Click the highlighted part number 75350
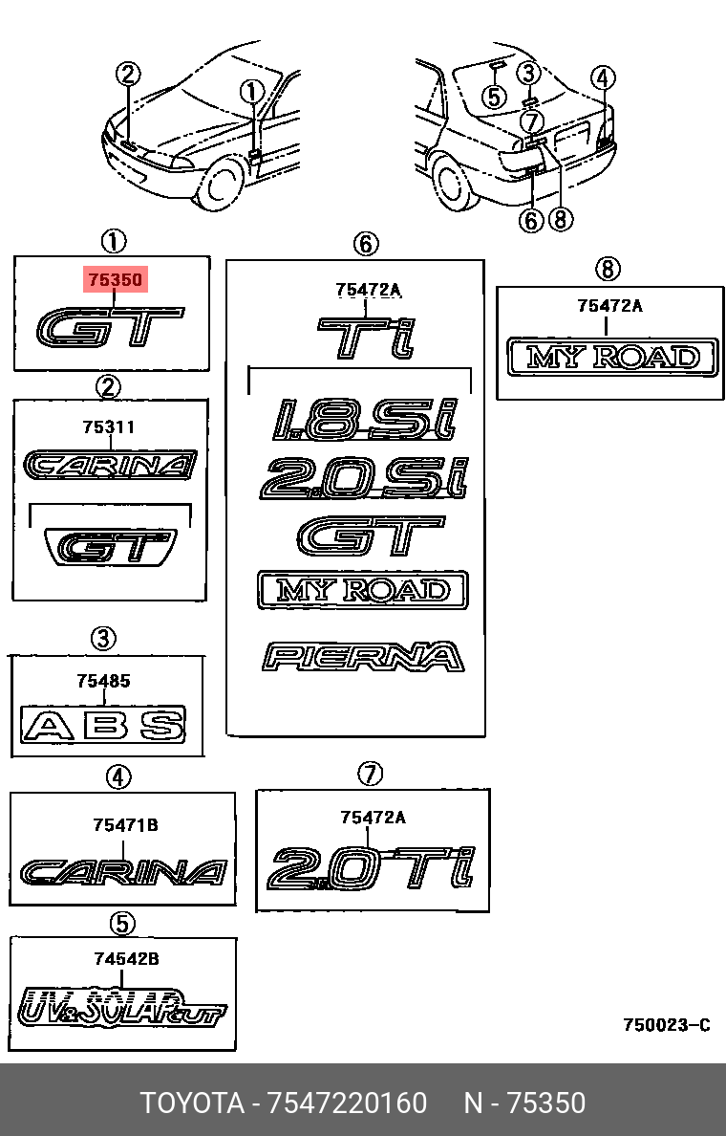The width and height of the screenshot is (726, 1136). (x=115, y=279)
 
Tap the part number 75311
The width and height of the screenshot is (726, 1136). (x=109, y=427)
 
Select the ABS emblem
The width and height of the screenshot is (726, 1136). (x=103, y=725)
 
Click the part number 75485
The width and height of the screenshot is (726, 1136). (x=103, y=681)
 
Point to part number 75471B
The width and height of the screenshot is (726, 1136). (x=125, y=825)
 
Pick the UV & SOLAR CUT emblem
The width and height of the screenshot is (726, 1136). (x=121, y=1006)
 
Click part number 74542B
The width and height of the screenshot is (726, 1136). (x=126, y=959)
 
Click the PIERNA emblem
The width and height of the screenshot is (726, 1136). (x=363, y=656)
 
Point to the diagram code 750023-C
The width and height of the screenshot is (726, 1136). (x=667, y=1025)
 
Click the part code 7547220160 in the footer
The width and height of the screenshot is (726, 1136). (x=348, y=1103)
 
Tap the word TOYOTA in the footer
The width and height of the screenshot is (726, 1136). (x=192, y=1103)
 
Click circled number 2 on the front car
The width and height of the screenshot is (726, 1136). (x=128, y=74)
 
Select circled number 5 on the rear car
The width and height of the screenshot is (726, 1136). (x=495, y=96)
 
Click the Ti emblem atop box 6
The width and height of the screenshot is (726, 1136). (x=367, y=338)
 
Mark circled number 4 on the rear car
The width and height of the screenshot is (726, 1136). (x=603, y=77)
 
